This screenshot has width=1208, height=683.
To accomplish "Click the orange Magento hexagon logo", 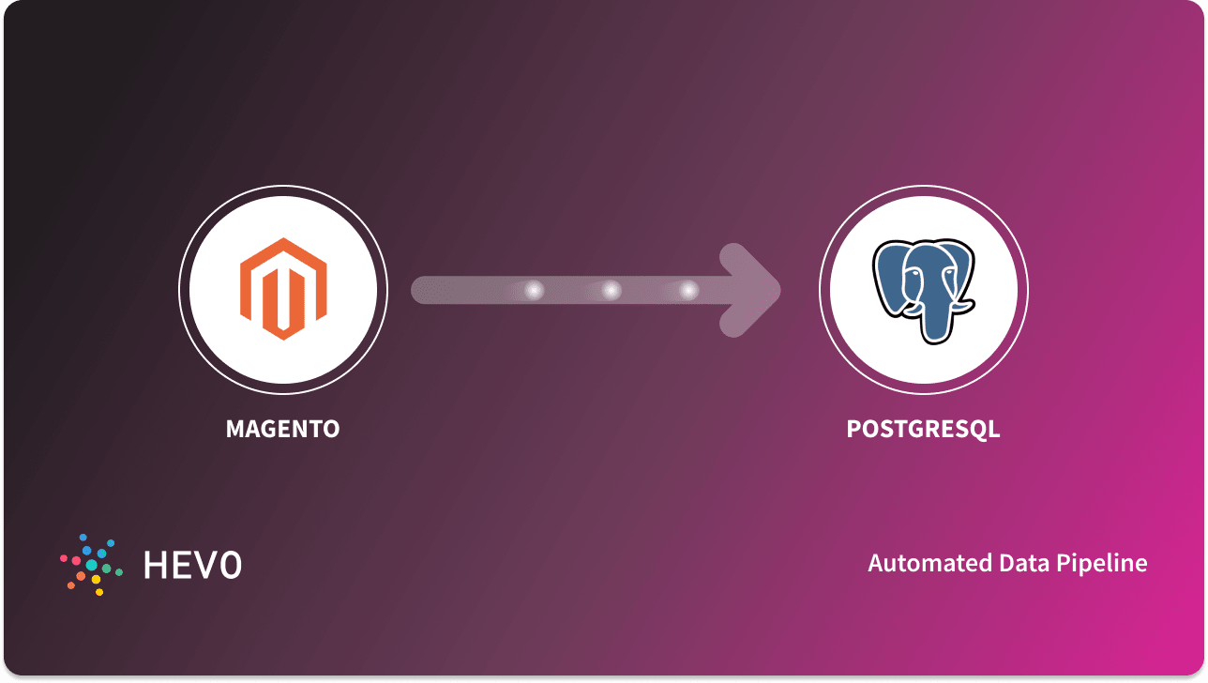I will (282, 288).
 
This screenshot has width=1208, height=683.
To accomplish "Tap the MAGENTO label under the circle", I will (282, 430).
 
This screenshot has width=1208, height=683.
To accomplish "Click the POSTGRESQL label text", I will (923, 430).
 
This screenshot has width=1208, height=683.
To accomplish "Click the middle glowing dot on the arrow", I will (612, 291).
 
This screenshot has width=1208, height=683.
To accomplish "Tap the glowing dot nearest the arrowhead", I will (689, 291).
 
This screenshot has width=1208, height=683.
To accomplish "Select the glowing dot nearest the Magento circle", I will (535, 291).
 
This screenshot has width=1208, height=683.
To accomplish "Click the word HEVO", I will (192, 565).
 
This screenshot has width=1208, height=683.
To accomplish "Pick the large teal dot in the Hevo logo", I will (92, 565).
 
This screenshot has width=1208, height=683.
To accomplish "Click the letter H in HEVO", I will (154, 565).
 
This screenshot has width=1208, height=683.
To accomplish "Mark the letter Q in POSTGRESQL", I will (977, 430).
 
